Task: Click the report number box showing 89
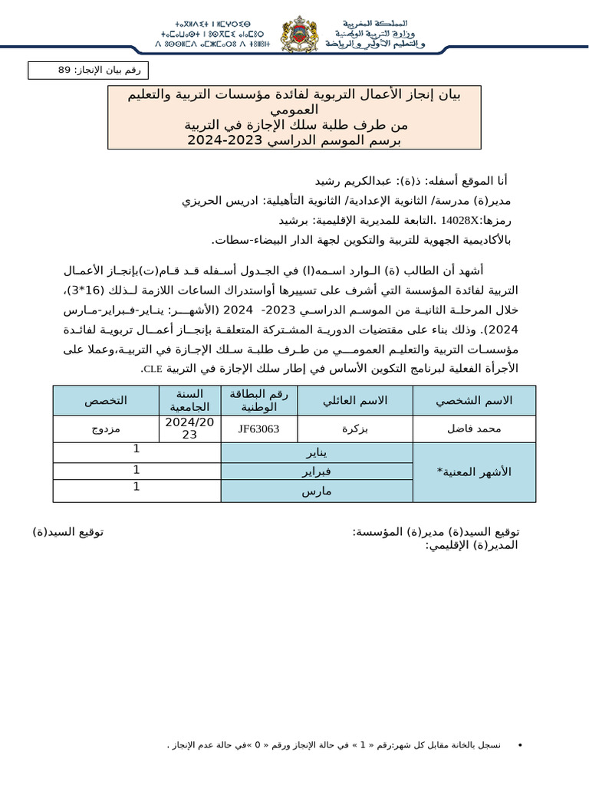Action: tap(89, 71)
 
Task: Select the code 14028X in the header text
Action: tap(459, 220)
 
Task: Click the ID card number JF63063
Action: tap(258, 429)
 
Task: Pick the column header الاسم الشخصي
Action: tap(474, 401)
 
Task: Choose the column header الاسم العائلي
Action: tap(354, 401)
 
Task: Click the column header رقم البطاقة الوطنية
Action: tap(258, 401)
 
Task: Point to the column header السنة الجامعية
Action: tap(189, 401)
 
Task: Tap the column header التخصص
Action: tap(106, 401)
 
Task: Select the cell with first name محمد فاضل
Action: tap(474, 429)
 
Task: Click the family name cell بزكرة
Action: tap(354, 429)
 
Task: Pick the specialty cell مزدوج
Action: tap(106, 429)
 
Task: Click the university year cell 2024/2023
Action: tap(189, 429)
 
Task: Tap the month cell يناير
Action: tap(316, 452)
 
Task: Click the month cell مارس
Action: tap(316, 491)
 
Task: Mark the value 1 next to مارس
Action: tap(137, 487)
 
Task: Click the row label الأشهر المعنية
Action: tap(474, 472)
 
